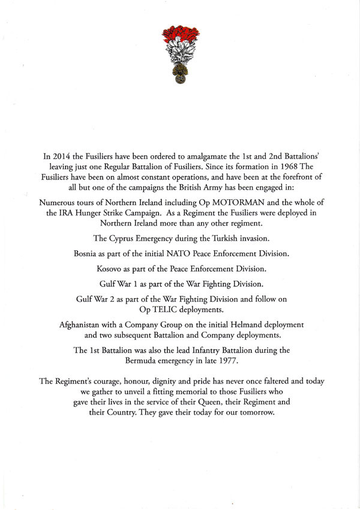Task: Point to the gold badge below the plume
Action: point(180,74)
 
